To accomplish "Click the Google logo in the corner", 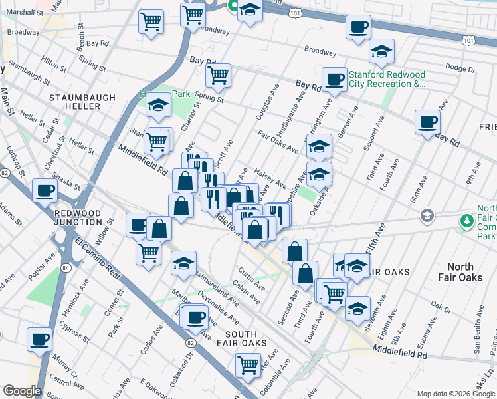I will click(22, 391).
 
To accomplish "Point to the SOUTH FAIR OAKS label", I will click(236, 338).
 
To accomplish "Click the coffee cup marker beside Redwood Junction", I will click(45, 190).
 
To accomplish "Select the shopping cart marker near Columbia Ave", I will click(247, 364).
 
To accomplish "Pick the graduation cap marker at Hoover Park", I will click(159, 106).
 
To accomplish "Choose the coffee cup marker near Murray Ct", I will click(39, 338).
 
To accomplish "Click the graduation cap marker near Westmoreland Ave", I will click(183, 263).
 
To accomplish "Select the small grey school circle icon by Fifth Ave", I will click(425, 215).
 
